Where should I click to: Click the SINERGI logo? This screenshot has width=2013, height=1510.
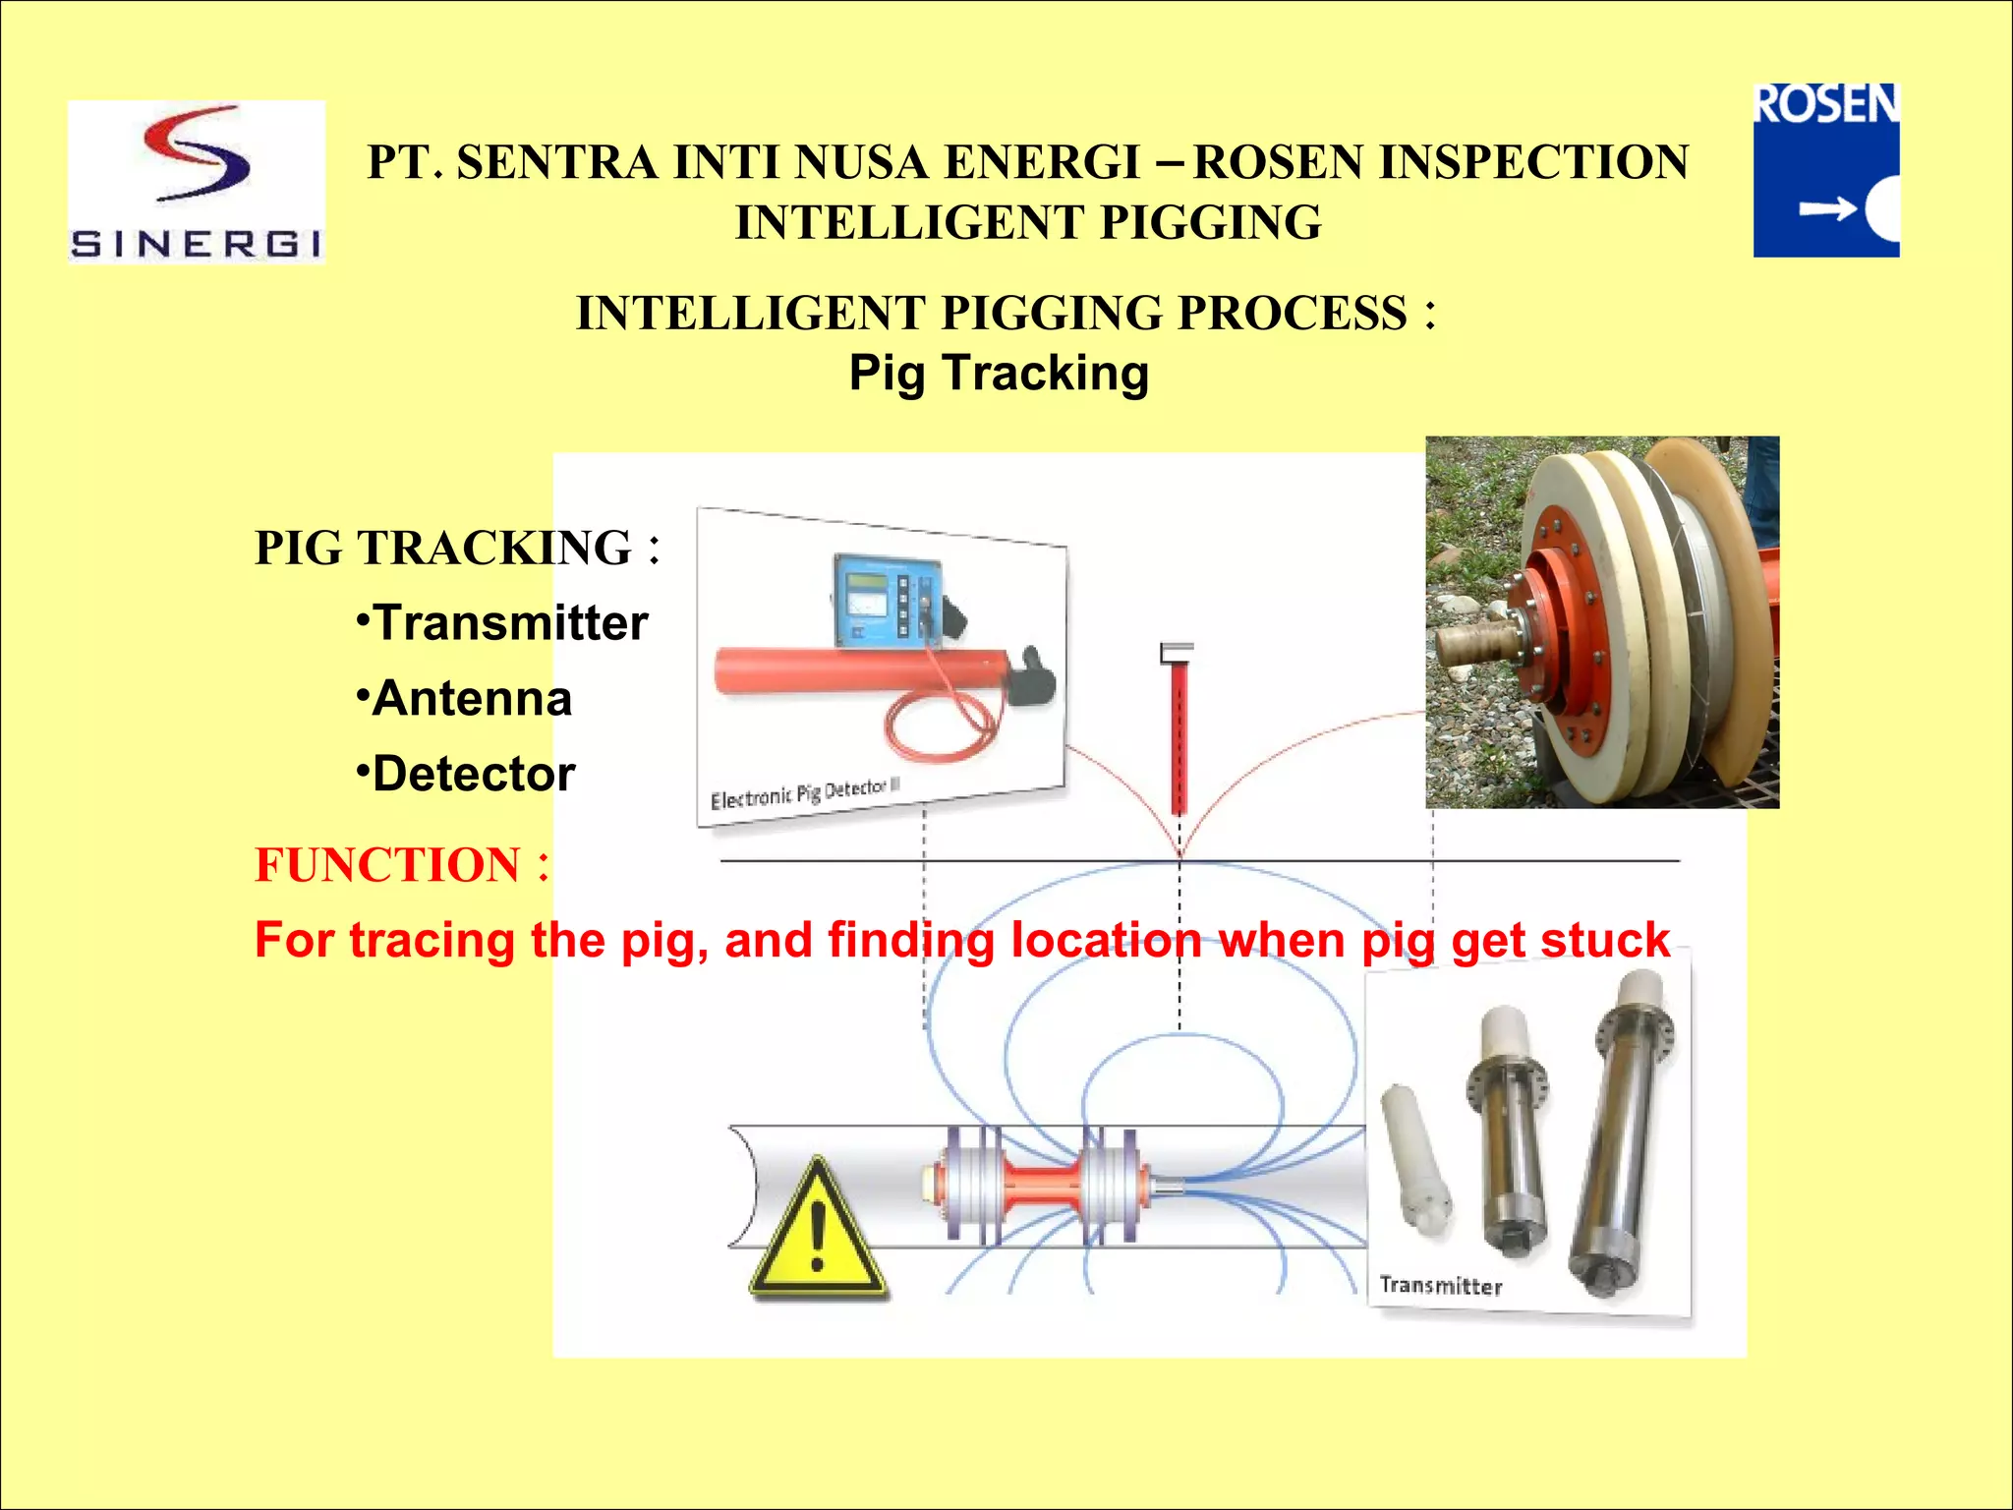[197, 182]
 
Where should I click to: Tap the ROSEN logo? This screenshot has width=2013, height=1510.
[1826, 170]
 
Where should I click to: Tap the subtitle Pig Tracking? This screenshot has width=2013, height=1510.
[999, 374]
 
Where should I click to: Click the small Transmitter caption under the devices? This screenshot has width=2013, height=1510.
[1440, 1286]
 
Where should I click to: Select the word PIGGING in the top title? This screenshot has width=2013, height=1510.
[1211, 222]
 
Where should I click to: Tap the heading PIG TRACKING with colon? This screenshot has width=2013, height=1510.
[457, 549]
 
